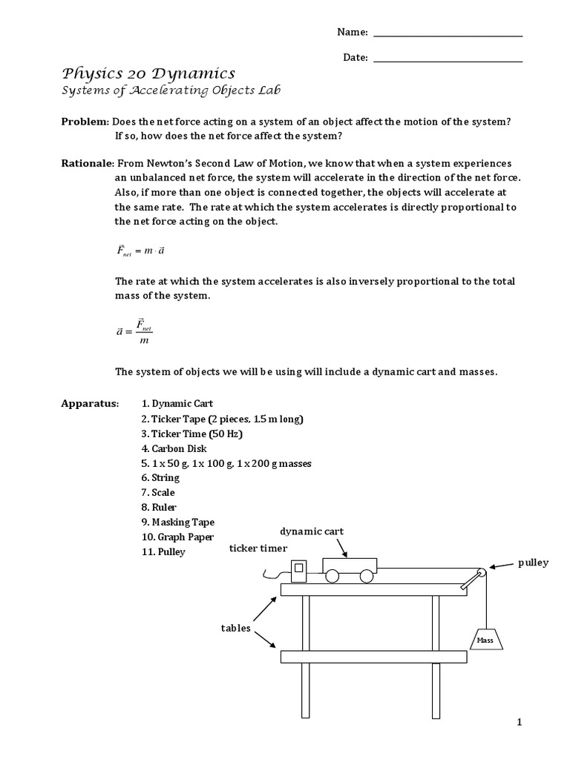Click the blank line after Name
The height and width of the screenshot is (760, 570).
(x=448, y=35)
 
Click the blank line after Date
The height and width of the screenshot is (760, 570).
(x=448, y=60)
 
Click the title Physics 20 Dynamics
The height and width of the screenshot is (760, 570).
(x=148, y=73)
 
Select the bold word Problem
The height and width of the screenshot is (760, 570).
(x=85, y=121)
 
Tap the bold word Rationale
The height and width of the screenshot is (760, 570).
(x=87, y=163)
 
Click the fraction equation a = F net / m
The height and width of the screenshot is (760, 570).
(x=134, y=332)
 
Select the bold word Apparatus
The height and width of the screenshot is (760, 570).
(x=90, y=404)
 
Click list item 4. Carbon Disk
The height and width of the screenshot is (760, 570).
(x=174, y=448)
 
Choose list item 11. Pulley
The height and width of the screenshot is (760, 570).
(x=163, y=552)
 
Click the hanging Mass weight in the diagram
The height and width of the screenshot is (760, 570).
(x=485, y=638)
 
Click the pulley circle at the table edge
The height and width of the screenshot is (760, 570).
(x=481, y=572)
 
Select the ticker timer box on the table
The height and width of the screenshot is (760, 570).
(x=298, y=571)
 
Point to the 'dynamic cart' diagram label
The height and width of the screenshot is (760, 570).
(x=312, y=532)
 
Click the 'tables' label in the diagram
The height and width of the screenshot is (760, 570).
(x=235, y=628)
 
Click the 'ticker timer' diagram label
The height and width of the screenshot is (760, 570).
(x=258, y=548)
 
